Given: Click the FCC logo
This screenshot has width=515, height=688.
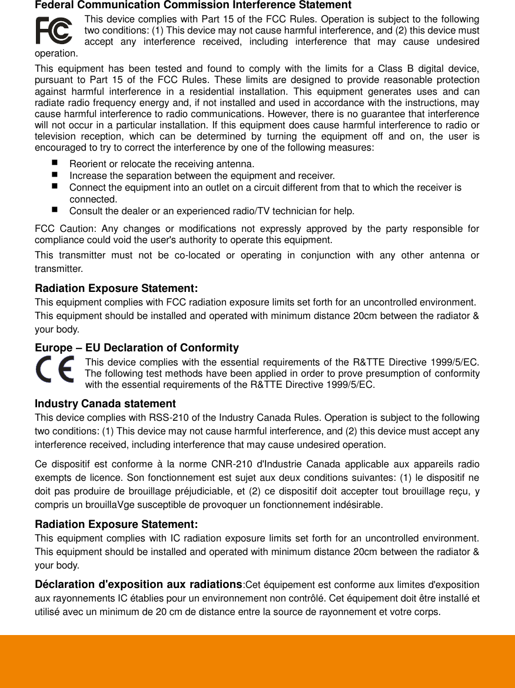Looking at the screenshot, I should click(x=54, y=31).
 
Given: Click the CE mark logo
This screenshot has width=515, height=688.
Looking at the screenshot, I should click(x=55, y=370).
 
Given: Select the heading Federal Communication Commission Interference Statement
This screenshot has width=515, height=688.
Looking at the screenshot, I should click(x=193, y=5).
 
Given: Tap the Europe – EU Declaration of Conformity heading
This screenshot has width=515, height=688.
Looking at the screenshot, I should click(x=137, y=348).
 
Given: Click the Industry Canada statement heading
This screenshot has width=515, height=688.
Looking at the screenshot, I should click(x=105, y=404).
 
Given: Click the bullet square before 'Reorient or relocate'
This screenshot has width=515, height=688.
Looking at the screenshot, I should click(x=55, y=162).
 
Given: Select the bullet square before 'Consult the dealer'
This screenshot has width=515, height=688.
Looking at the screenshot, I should click(x=55, y=210).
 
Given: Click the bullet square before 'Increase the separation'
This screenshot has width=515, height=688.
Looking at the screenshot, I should click(x=55, y=174).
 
